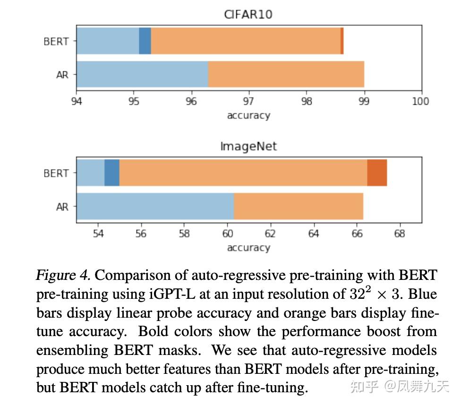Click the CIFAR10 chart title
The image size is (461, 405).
pos(248,14)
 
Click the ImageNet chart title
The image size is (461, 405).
pos(248,146)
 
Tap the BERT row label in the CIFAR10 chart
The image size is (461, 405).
pos(56,42)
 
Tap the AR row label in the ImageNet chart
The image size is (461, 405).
pos(62,207)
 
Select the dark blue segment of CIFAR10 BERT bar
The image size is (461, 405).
pos(145,41)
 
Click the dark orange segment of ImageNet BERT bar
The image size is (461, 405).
pos(377,173)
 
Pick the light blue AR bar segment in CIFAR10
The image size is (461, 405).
pos(142,74)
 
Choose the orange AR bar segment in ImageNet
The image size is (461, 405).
pos(299,206)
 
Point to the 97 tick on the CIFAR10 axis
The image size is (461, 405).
pos(248,101)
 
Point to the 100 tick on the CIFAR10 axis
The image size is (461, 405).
pos(420,101)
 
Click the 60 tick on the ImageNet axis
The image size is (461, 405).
pos(227,234)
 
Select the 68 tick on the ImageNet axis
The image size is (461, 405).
pos(400,234)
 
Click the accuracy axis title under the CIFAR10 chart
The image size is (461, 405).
pos(248,116)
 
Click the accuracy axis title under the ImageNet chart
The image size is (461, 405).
pos(248,248)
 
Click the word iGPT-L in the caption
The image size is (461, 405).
pos(169,294)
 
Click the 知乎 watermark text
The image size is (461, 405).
pos(363,387)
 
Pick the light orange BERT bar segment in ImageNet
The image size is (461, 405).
pos(243,173)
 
